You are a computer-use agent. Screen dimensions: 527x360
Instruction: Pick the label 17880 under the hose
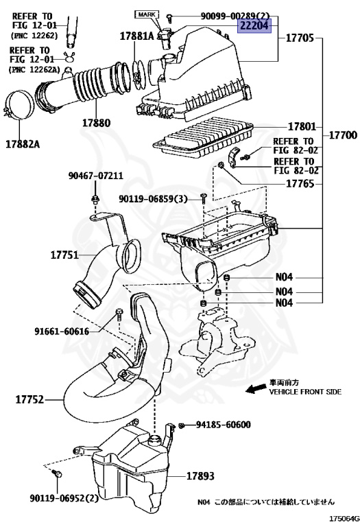(x=97, y=124)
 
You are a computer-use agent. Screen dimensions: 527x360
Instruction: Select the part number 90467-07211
(x=95, y=176)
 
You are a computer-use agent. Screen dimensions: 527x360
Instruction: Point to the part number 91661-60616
(x=62, y=331)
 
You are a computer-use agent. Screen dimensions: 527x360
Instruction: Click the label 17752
(x=27, y=398)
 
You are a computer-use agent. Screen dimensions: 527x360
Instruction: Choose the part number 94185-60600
(x=223, y=425)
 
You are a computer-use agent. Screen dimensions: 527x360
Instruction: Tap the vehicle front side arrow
(x=255, y=390)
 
